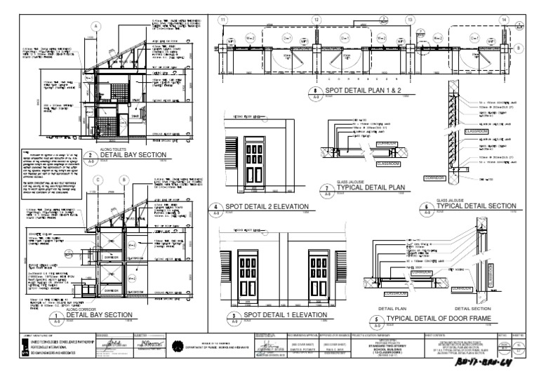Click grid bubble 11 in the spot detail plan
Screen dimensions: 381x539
(224, 19)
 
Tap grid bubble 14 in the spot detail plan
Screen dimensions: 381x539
(503, 19)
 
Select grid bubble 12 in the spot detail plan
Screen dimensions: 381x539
(317, 19)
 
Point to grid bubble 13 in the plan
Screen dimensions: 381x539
(410, 19)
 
